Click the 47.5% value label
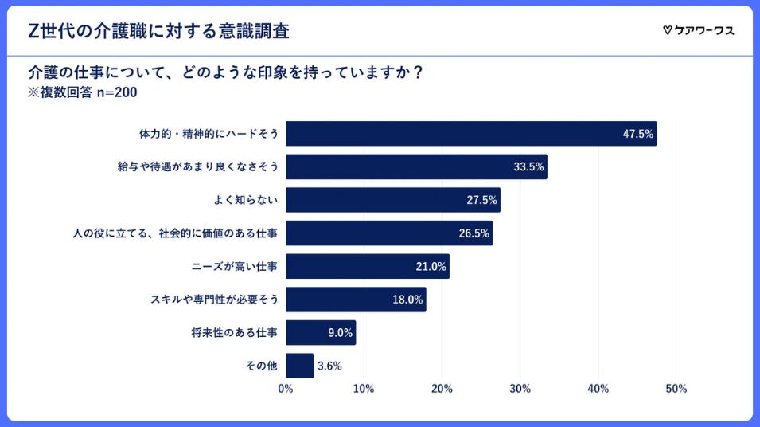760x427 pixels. click(x=637, y=134)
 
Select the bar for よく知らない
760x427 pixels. click(x=392, y=200)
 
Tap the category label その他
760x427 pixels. click(x=261, y=366)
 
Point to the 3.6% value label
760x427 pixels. click(x=329, y=366)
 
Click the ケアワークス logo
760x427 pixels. click(x=698, y=30)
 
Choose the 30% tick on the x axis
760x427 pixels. click(x=520, y=389)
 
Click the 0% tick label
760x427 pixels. click(x=286, y=389)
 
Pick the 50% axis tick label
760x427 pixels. click(x=676, y=389)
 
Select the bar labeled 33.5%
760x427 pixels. click(x=415, y=166)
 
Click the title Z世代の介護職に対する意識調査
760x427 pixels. click(x=158, y=31)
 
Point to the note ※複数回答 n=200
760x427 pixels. click(x=83, y=92)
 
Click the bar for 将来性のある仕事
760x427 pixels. click(x=320, y=333)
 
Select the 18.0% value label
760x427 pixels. click(x=407, y=300)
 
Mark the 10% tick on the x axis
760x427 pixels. click(x=364, y=389)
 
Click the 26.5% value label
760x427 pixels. click(x=474, y=233)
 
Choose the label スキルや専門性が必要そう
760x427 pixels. click(x=214, y=300)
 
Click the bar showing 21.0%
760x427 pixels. click(x=367, y=266)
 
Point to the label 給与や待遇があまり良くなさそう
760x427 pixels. click(x=197, y=166)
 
